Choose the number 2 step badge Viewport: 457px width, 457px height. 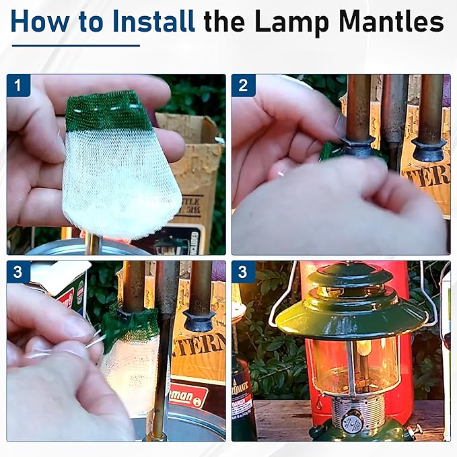pos(243,85)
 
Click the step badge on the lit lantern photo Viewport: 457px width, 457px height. pos(243,273)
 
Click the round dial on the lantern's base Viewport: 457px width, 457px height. pos(350,423)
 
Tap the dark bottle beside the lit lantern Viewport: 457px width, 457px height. pos(243,397)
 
